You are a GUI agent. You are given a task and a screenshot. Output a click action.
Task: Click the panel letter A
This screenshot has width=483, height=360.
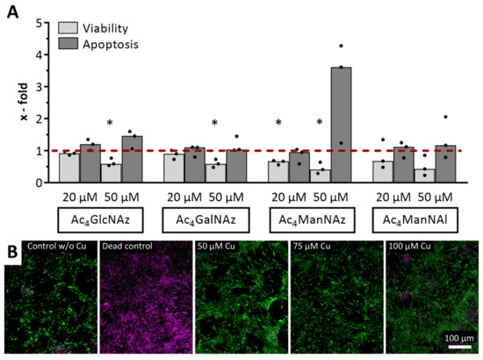coord(12,12)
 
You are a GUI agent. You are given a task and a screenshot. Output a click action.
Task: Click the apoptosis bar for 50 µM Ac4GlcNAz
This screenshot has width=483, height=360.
coord(133,159)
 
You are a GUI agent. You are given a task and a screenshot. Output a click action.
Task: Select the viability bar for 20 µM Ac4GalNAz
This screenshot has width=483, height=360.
coord(174,168)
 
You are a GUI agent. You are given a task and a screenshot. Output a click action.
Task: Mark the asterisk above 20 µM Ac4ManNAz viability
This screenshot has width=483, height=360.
coord(278,124)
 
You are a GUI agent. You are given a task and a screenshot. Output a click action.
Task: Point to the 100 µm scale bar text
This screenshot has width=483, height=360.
coord(454,338)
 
